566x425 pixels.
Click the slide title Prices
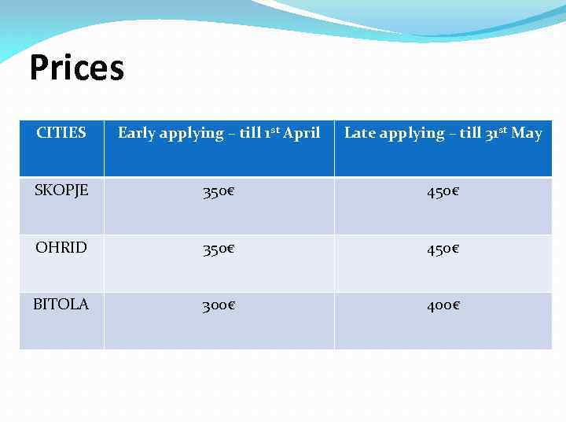76,68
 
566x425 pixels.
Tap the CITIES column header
61,132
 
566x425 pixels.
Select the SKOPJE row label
61,190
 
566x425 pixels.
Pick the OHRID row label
61,247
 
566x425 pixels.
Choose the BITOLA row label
61,304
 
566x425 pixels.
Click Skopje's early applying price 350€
219,192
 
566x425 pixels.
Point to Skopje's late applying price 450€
443,192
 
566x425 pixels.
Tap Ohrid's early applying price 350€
219,249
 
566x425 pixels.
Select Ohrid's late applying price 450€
443,249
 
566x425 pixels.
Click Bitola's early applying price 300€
219,305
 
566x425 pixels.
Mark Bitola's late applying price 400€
443,305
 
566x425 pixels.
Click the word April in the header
301,133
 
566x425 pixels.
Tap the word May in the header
527,133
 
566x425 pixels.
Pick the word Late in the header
360,133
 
